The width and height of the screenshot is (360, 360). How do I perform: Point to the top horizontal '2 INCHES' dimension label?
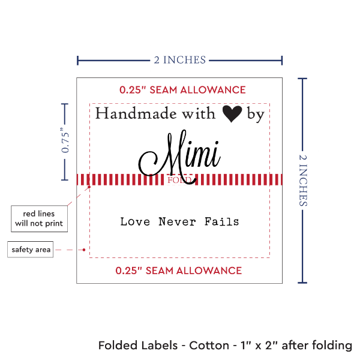[180, 60]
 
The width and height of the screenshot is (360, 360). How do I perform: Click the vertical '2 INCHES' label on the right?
[302, 180]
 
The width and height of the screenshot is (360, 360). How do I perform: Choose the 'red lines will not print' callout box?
[39, 218]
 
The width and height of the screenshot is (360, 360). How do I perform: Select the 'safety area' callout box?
[30, 250]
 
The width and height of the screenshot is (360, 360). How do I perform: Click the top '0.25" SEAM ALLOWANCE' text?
[182, 90]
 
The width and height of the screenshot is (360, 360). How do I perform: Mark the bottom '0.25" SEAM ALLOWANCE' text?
[179, 271]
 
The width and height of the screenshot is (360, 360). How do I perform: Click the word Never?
[176, 222]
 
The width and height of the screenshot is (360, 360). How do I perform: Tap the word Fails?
[221, 222]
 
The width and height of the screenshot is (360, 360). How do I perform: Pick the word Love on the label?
[135, 222]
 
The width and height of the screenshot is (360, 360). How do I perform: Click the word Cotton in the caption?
[209, 346]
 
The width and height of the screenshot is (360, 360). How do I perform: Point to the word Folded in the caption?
[116, 346]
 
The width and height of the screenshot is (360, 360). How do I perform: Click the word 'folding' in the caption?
[331, 346]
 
